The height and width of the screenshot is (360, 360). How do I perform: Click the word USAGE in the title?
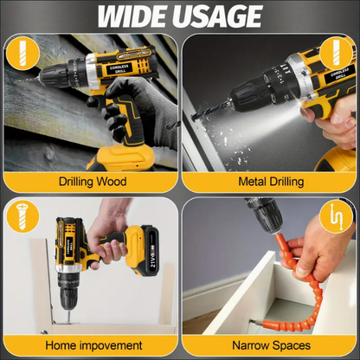(x=219, y=16)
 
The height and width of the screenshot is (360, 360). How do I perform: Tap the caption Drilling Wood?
(x=93, y=182)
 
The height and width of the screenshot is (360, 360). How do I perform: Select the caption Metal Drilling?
(x=271, y=182)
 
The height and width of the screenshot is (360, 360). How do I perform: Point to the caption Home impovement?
(x=93, y=345)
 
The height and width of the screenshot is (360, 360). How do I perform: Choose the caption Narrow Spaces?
(x=272, y=345)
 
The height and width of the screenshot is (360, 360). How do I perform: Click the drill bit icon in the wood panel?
(x=22, y=54)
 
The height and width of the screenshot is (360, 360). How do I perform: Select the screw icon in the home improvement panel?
(x=22, y=216)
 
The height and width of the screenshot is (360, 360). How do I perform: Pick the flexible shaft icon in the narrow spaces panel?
(x=337, y=217)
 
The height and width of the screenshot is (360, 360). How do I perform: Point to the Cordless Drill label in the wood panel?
(x=119, y=68)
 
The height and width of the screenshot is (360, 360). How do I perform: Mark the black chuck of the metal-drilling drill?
(x=248, y=93)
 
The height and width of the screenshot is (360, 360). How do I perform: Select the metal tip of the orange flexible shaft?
(x=256, y=321)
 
